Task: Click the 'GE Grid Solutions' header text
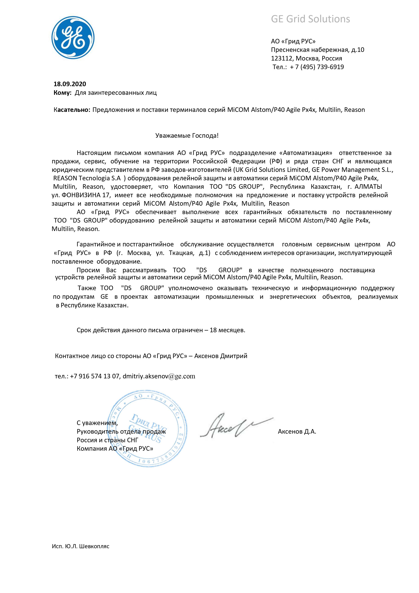(310, 19)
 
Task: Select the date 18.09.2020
(70, 84)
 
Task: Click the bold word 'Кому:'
(62, 93)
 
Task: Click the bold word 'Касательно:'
(72, 110)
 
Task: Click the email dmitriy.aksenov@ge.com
(159, 376)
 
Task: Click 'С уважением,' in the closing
(97, 423)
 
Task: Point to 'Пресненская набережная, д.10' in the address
(317, 50)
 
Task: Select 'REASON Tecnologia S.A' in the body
(87, 178)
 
